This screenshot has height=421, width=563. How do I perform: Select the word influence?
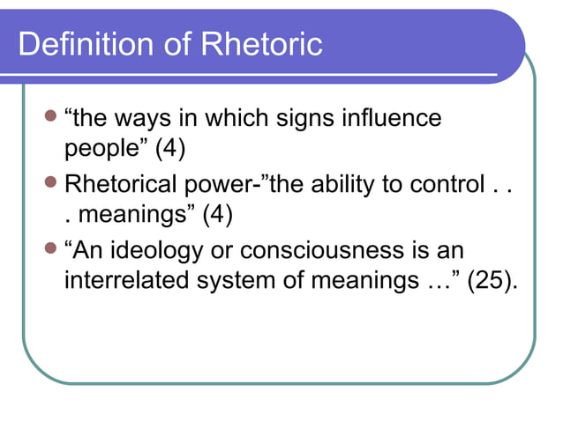[x=394, y=119]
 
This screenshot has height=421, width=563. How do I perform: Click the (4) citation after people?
[x=169, y=148]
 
